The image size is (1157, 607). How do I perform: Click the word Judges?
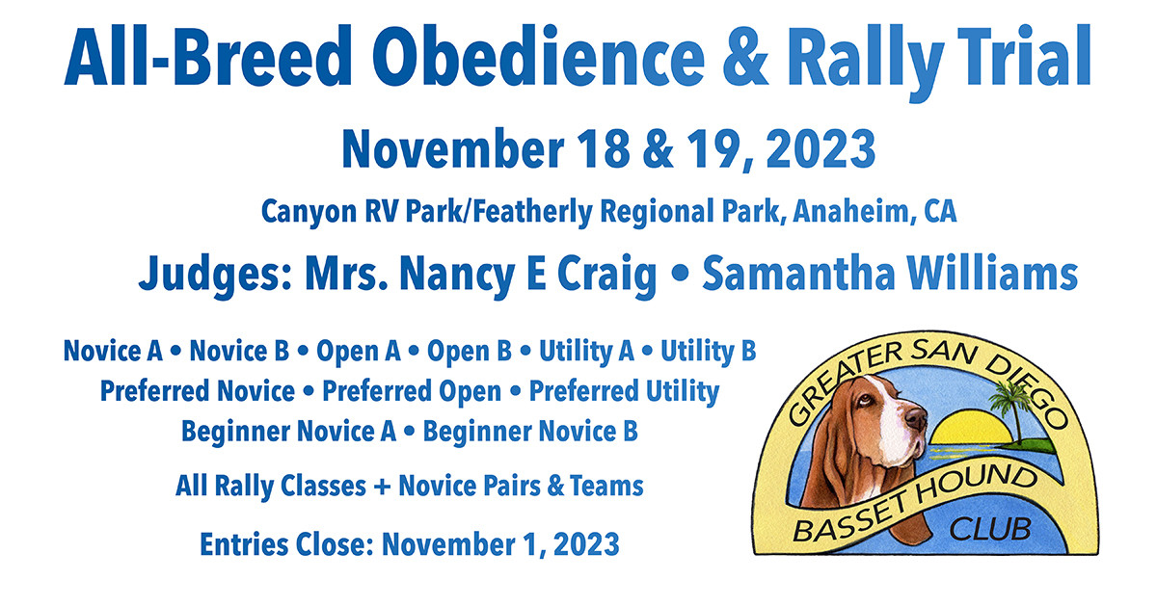coord(214,275)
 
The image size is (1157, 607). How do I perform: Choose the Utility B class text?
coord(708,352)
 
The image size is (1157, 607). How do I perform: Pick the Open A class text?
coord(358,352)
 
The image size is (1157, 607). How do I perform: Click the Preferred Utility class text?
coord(624,392)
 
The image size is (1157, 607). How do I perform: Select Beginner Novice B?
coord(530,432)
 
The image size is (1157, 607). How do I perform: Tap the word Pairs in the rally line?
coord(493,487)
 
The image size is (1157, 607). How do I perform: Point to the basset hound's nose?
coord(915,421)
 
